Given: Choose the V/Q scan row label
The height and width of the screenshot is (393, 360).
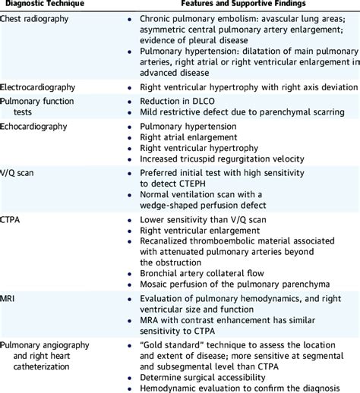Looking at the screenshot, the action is point(20,172).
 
